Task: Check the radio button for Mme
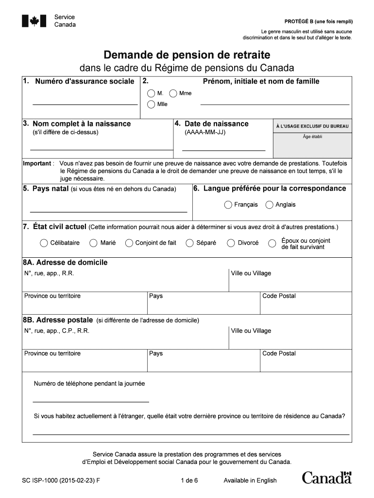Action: pyautogui.click(x=173, y=93)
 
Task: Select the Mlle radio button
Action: pyautogui.click(x=151, y=105)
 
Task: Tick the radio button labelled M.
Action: pyautogui.click(x=151, y=93)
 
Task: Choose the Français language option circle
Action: pyautogui.click(x=228, y=205)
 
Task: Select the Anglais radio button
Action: pyautogui.click(x=270, y=205)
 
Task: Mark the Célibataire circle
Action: pyautogui.click(x=44, y=243)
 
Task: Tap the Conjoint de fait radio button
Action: pyautogui.click(x=129, y=243)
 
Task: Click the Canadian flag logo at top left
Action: pyautogui.click(x=34, y=21)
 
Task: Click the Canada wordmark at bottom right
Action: pyautogui.click(x=326, y=478)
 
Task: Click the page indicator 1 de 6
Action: pyautogui.click(x=189, y=480)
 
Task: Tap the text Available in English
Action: pyautogui.click(x=250, y=480)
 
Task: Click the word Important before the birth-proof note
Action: pyautogui.click(x=37, y=164)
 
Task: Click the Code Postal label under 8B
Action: pyautogui.click(x=279, y=354)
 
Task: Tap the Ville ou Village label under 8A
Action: pyautogui.click(x=251, y=273)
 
